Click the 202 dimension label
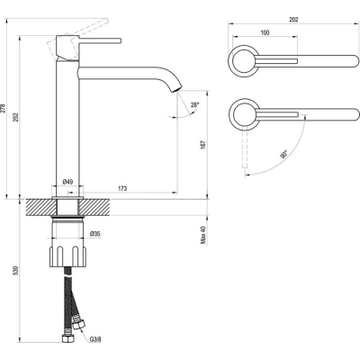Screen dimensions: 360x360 pyautogui.click(x=293, y=20)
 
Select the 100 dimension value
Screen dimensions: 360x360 pyautogui.click(x=265, y=32)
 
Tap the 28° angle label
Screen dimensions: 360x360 pyautogui.click(x=194, y=105)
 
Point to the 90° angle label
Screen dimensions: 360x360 pyautogui.click(x=283, y=154)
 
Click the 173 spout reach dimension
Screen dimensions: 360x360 pyautogui.click(x=122, y=188)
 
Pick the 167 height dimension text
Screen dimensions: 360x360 pyautogui.click(x=203, y=145)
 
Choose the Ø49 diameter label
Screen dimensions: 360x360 pyautogui.click(x=67, y=182)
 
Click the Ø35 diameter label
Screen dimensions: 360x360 pyautogui.click(x=94, y=234)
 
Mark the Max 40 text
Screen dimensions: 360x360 pyautogui.click(x=203, y=235)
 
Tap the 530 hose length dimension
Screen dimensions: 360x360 pyautogui.click(x=16, y=271)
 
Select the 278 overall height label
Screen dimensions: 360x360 pyautogui.click(x=4, y=108)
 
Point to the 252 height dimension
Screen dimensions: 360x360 pyautogui.click(x=16, y=117)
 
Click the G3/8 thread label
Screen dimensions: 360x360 pyautogui.click(x=95, y=339)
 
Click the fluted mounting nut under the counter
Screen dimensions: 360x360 pyautogui.click(x=67, y=256)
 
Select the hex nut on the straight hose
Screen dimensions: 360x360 pyautogui.click(x=67, y=338)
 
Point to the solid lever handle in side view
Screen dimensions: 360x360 pyautogui.click(x=100, y=40)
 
